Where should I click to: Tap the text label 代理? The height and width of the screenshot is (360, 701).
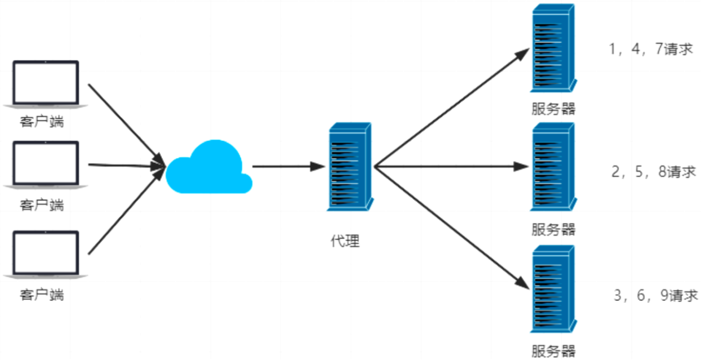point(345,241)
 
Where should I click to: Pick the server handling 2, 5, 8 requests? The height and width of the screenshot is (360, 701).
point(553,167)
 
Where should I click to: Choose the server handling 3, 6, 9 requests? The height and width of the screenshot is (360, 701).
point(553,291)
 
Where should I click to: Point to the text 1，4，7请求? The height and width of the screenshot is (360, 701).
point(650,49)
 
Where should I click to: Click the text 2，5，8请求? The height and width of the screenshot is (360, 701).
point(653,172)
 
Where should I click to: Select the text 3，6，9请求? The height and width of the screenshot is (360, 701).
point(656,295)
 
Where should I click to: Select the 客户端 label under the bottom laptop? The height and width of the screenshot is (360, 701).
point(42,294)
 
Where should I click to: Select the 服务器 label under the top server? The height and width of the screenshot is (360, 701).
point(553,108)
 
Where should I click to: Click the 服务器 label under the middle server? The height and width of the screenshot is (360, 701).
point(553,229)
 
